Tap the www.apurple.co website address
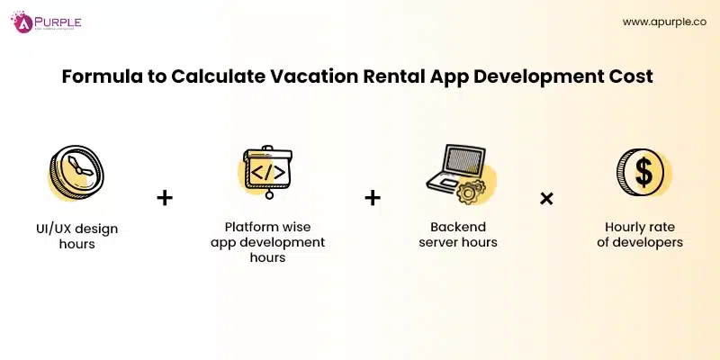pos(664,22)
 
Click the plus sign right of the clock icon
pos(165,197)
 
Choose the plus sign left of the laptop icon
pos(373,197)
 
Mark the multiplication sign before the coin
pos(546,197)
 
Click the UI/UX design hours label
pos(71,236)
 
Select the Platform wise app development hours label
pos(267,242)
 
